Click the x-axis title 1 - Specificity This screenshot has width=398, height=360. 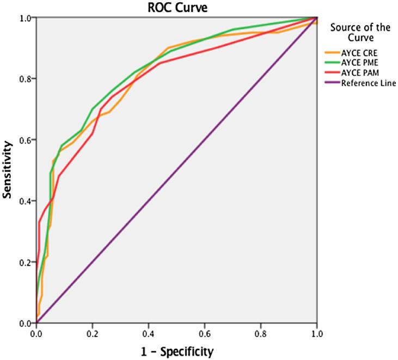click(x=176, y=350)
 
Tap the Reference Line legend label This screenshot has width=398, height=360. click(x=368, y=83)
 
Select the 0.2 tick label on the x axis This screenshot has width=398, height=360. click(x=92, y=331)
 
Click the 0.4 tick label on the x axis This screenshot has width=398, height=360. click(x=148, y=331)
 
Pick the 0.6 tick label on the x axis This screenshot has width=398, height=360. click(x=204, y=331)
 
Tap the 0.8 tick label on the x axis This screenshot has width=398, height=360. click(x=260, y=331)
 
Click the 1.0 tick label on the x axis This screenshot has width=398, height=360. click(x=316, y=331)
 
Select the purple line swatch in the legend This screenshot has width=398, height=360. click(x=332, y=83)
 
